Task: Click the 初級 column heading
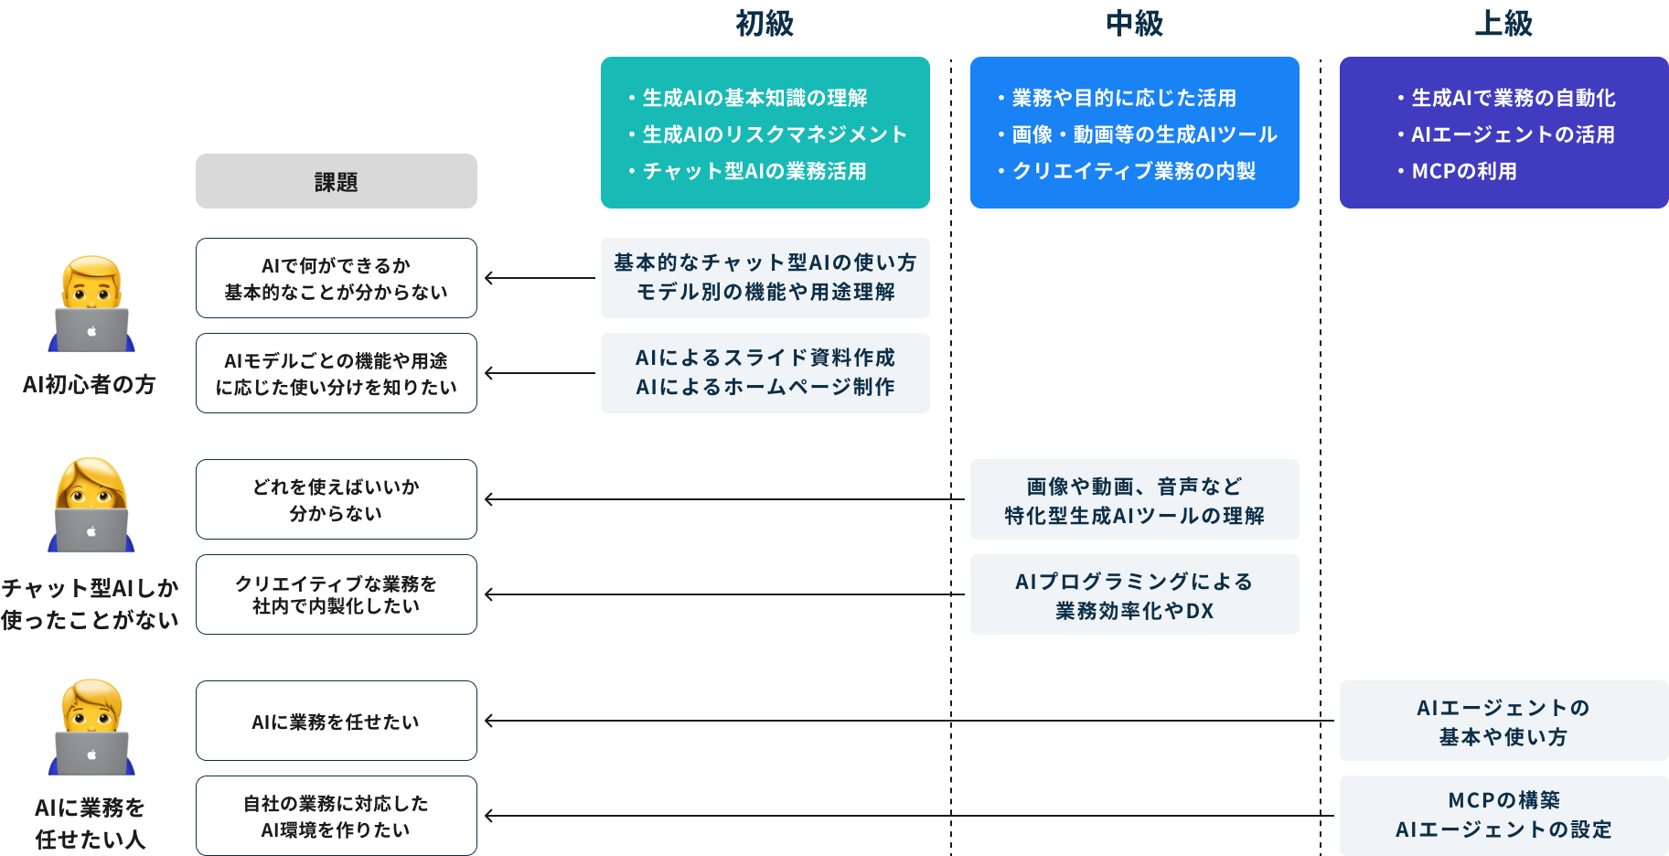point(765,23)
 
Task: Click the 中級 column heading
point(1134,23)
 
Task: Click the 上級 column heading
point(1503,23)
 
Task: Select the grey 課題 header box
point(336,181)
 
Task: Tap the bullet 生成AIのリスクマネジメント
point(774,134)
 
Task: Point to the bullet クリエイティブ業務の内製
point(1133,171)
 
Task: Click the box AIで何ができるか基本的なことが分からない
point(336,278)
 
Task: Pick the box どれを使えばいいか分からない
point(336,499)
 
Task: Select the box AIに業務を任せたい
point(336,721)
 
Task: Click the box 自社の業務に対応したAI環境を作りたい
point(336,816)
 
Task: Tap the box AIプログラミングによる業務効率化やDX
point(1134,594)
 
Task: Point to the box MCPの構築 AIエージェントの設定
point(1503,815)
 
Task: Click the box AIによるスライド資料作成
point(765,372)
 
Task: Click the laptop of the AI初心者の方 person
point(91,330)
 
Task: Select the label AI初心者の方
point(89,384)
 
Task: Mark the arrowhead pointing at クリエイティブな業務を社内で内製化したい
point(489,594)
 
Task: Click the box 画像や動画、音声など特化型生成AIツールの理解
point(1134,499)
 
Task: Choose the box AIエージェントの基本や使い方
point(1503,721)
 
